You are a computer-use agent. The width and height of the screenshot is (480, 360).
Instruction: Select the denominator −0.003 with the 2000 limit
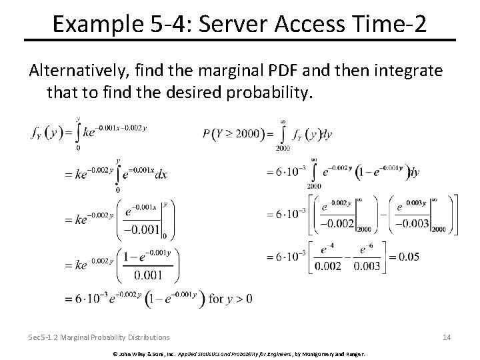(410, 223)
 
